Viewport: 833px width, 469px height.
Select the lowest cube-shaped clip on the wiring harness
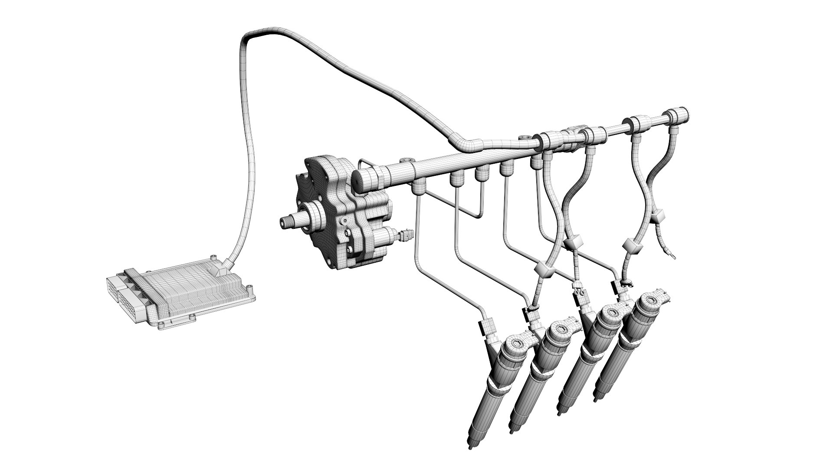[x=544, y=271]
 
